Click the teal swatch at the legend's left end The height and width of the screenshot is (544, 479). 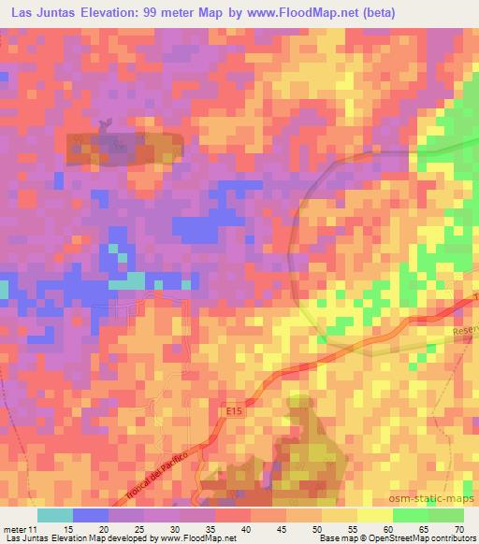54,514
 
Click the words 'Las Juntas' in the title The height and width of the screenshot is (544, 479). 47,13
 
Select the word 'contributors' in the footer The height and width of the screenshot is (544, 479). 450,538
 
